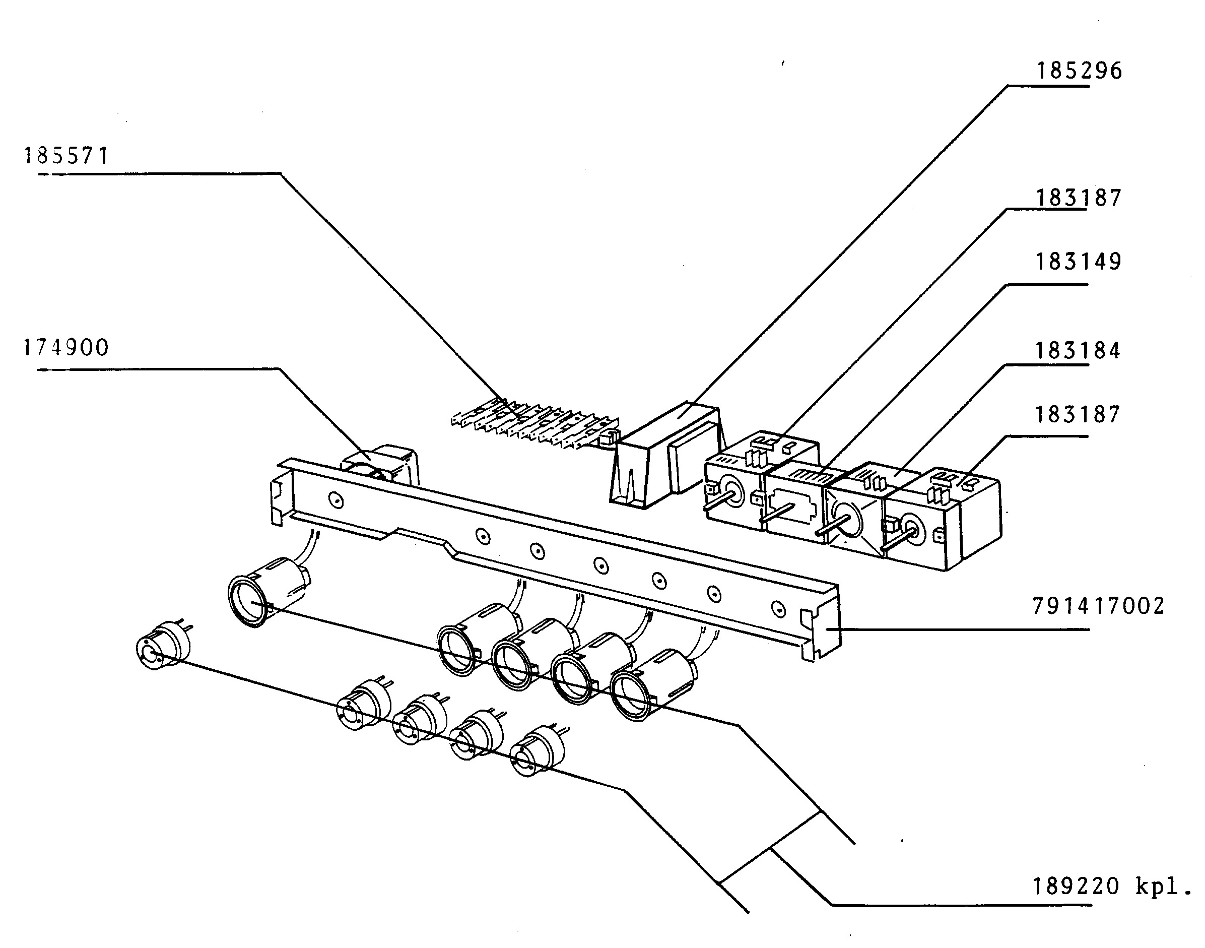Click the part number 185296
click(1079, 71)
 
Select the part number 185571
click(66, 156)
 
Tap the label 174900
click(65, 348)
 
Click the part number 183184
click(1078, 350)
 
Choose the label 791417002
click(1099, 606)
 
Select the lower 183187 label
click(1078, 414)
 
